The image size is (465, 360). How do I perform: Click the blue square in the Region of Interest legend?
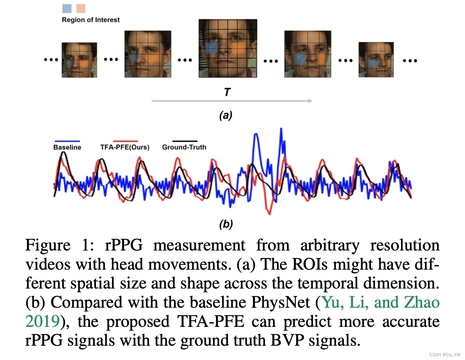coord(67,8)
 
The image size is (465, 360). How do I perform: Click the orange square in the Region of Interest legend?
coord(81,8)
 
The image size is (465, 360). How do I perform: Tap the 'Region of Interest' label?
coord(91,20)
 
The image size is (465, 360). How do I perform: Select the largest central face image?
coord(228,48)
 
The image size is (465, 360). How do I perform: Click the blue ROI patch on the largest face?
coord(211,48)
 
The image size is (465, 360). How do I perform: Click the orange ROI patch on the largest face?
coord(238,48)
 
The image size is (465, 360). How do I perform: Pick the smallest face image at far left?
coord(79,60)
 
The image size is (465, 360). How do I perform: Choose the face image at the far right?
coord(376,59)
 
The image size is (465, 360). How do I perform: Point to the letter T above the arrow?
coord(227,92)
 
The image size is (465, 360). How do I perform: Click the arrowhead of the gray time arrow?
coord(310,101)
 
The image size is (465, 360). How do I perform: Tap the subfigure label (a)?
coord(226,115)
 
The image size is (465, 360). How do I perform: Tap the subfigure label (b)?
coord(226,224)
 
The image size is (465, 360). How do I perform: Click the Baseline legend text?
coord(67,147)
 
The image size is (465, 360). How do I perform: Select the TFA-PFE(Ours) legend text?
coord(125,147)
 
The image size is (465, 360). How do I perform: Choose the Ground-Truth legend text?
coord(184,147)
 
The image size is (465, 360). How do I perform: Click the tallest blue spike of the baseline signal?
coord(281,130)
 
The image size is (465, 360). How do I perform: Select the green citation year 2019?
coord(43,322)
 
